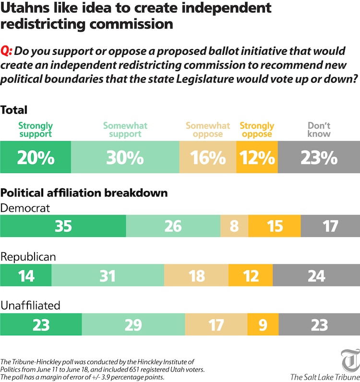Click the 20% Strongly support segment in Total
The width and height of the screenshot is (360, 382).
36,158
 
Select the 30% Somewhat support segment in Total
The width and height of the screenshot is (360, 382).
125,158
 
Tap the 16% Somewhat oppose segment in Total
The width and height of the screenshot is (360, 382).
208,158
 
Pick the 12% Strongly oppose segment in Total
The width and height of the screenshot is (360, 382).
257,158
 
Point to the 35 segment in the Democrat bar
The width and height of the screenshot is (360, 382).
63,226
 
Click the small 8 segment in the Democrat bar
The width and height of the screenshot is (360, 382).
234,226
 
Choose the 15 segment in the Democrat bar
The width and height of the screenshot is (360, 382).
275,226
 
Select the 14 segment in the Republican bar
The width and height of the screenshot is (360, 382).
25,275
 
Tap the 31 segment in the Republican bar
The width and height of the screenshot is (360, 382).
108,275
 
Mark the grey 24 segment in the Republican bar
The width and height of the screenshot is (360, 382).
317,275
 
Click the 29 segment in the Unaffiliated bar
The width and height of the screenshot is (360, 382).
133,325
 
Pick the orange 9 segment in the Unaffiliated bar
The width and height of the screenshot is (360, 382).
263,325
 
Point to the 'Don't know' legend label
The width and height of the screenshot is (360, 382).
319,130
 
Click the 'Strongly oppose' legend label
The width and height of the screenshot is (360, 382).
257,130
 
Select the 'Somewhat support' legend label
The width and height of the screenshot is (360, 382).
125,130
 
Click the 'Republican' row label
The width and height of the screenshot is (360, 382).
28,257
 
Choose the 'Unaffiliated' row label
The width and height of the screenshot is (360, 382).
30,306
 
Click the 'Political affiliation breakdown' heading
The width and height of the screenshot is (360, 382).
84,193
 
